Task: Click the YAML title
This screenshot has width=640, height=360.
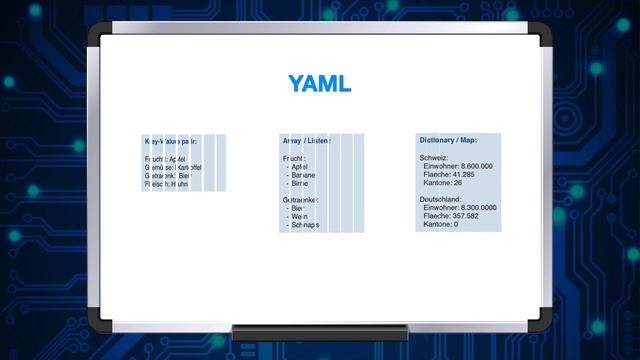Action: pos(319,84)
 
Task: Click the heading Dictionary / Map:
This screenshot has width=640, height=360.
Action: pos(448,140)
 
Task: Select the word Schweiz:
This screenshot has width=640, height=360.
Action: pos(434,158)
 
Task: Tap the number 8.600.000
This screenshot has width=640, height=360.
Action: pos(473,166)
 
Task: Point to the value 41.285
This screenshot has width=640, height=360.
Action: pos(465,175)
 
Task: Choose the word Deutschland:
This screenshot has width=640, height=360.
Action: pos(441,200)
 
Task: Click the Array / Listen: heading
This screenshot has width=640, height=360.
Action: pos(307,141)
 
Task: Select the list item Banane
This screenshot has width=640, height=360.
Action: pos(302,175)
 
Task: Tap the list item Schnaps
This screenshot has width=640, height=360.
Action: pos(305,225)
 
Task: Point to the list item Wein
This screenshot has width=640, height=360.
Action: pos(299,217)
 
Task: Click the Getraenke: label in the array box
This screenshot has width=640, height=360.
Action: pos(302,200)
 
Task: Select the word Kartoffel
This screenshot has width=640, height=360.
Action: pos(189,167)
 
